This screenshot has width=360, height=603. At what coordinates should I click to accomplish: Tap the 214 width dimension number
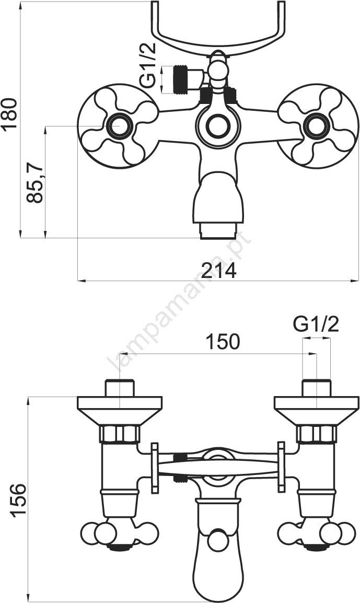click(219, 271)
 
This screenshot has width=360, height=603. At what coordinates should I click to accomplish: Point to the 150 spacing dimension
click(223, 341)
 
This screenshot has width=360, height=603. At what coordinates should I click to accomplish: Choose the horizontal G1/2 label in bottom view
click(316, 325)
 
